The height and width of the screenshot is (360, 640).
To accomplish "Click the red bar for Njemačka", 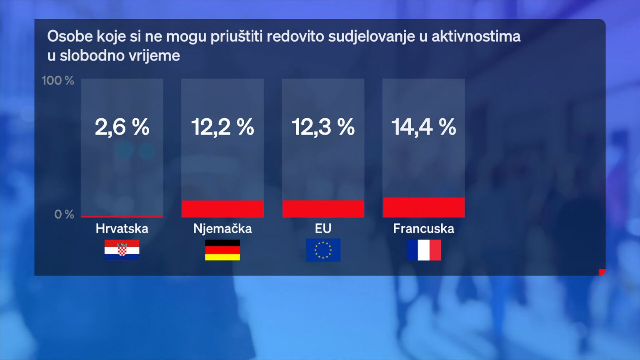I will click(x=222, y=209).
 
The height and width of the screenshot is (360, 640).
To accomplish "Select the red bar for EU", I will click(x=323, y=209).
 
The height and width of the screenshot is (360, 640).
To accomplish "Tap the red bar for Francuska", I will click(x=423, y=207).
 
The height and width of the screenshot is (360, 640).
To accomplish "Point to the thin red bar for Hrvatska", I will click(x=122, y=216).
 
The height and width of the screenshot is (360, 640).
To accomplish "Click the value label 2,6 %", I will click(x=122, y=127).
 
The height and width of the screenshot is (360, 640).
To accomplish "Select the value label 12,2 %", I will click(x=222, y=127).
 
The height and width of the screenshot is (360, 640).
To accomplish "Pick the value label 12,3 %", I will click(x=323, y=127).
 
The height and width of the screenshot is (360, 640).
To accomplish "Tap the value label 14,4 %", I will click(x=423, y=127).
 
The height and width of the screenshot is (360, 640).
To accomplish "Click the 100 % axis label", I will click(x=58, y=80).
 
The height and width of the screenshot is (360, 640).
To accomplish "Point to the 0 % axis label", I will click(x=64, y=214).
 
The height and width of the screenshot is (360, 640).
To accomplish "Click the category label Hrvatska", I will click(x=122, y=228).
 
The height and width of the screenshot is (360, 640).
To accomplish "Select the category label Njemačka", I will click(x=222, y=228).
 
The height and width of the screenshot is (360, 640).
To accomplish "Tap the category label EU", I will click(x=323, y=228).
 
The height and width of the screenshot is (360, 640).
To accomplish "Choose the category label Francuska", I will click(x=423, y=228).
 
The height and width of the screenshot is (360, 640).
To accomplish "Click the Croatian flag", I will click(x=122, y=250).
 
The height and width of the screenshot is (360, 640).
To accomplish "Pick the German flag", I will click(x=222, y=250).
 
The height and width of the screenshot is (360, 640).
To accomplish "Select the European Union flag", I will click(x=323, y=250).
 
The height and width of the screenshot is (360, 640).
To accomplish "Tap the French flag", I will click(x=423, y=250).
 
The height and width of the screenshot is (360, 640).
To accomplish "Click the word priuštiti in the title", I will click(x=236, y=37).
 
